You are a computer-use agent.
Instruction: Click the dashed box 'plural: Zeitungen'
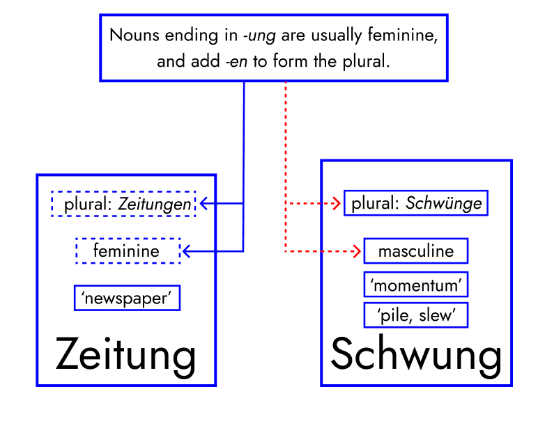coord(123,204)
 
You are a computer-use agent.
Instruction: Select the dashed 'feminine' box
coord(128,251)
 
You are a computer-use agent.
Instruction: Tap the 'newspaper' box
coord(127,298)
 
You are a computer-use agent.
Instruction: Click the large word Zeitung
coord(126,355)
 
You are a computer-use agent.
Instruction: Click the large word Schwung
coord(416,355)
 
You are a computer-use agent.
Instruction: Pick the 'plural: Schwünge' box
coord(416,203)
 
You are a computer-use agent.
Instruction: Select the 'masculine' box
coord(415,251)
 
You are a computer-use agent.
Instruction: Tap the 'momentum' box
coord(415,285)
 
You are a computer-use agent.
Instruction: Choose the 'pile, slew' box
coord(415,315)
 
